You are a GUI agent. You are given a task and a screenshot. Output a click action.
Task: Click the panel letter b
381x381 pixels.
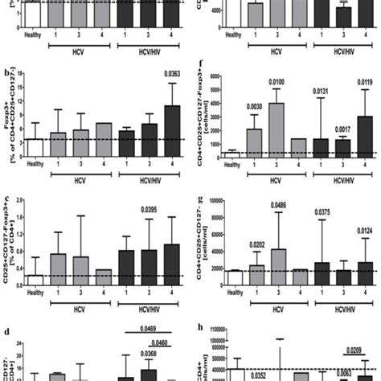click(x=7, y=73)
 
